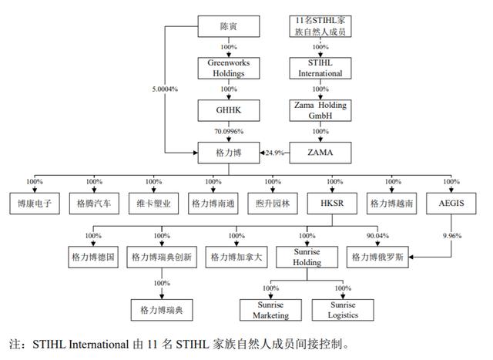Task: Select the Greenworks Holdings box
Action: [229, 69]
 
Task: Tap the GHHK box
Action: [229, 110]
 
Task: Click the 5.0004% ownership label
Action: [165, 89]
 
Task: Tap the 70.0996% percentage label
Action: [229, 131]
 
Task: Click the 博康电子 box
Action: [34, 204]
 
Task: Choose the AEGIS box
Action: [451, 204]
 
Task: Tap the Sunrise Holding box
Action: [307, 256]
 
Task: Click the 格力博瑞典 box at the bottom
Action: [161, 310]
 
